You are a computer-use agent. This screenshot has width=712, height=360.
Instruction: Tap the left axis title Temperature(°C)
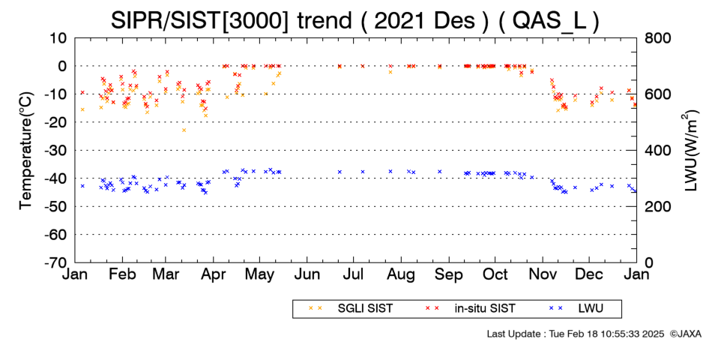[x=26, y=151]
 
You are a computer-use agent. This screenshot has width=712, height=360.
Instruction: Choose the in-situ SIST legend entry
[x=470, y=308]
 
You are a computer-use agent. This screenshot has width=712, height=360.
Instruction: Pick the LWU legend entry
[x=576, y=308]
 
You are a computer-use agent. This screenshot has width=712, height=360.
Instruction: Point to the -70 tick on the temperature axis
[x=56, y=262]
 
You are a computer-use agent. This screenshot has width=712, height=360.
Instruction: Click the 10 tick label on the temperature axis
[x=59, y=38]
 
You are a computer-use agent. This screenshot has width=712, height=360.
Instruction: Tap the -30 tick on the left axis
[x=56, y=151]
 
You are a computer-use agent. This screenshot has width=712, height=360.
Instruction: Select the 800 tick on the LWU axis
[x=658, y=38]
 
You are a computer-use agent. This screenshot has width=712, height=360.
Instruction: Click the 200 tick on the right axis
[x=658, y=207]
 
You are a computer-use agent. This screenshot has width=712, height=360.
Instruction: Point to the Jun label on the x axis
[x=307, y=274]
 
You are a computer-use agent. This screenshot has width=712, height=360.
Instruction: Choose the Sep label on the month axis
[x=449, y=275]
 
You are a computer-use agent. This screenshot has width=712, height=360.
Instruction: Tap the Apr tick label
[x=213, y=275]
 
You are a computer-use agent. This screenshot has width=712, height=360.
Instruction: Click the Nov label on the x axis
[x=542, y=274]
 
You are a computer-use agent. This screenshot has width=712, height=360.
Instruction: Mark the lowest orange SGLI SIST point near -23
[x=184, y=130]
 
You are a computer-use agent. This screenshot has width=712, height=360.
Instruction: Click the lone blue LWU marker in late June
[x=340, y=172]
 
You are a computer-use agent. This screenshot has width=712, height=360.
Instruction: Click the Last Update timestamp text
[x=576, y=334]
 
